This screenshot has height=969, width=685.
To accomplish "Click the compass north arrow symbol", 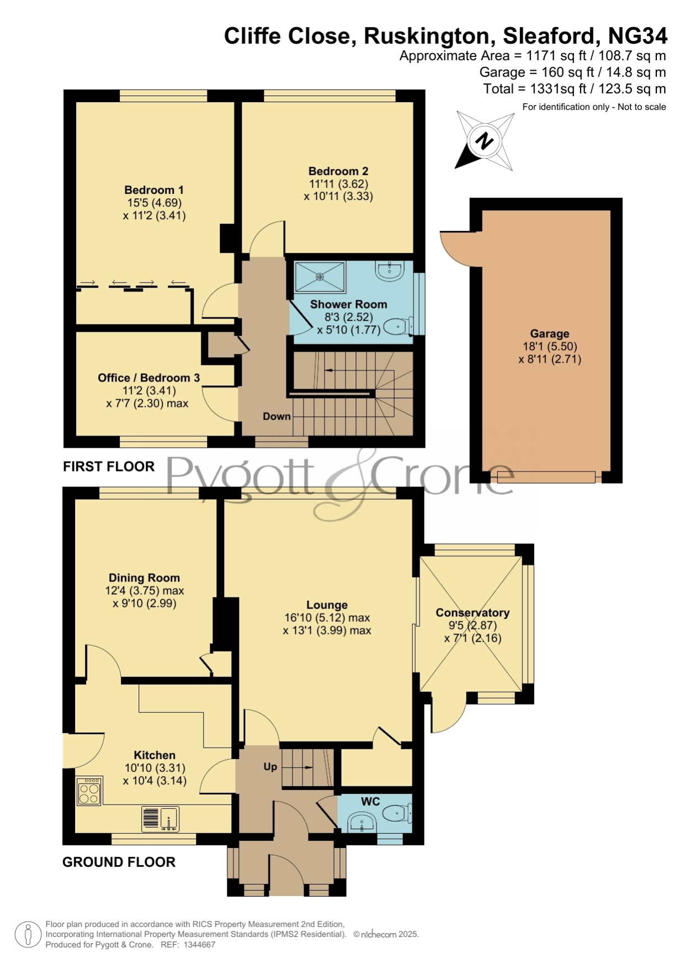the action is pos(485,141).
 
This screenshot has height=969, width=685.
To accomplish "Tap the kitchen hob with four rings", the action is pos(89,791).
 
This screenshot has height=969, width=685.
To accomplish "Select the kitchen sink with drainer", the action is pos(160,819).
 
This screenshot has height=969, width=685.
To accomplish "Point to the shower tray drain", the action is pos(320,277).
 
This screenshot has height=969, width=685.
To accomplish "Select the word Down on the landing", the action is pos(277,416).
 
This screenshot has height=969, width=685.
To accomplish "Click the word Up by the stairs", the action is pos(270,766).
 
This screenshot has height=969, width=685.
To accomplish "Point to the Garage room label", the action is pos(549,333).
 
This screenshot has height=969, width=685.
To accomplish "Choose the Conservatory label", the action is pos(472,612).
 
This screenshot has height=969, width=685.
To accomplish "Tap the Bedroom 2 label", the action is pos(338,171).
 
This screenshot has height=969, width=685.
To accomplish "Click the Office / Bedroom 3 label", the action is pos(148,378).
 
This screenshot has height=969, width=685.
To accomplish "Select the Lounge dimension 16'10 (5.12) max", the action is pos(327,618).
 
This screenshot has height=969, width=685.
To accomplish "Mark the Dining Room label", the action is pos(144,578).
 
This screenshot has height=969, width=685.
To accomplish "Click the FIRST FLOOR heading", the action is pos(109,467).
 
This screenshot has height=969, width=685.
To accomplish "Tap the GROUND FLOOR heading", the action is pos(119,862).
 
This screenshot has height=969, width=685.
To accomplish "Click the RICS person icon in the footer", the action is pos(28,935).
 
